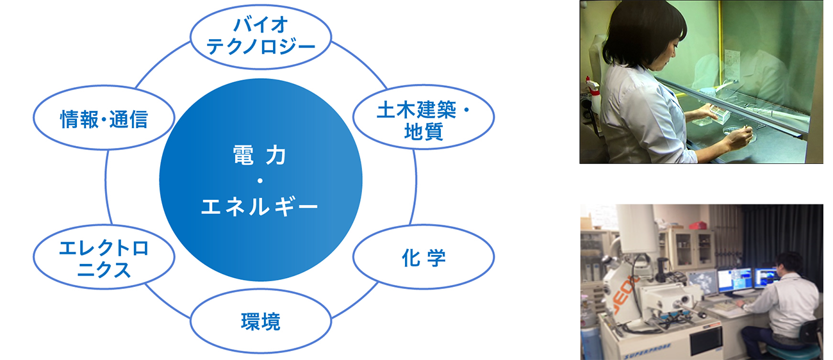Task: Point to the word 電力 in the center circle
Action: (x=260, y=156)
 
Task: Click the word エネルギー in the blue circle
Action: (x=260, y=207)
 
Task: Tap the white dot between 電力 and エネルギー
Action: (x=260, y=181)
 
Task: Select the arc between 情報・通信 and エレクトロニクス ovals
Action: (x=106, y=187)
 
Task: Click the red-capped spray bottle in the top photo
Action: (x=592, y=95)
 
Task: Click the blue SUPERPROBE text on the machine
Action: (x=647, y=352)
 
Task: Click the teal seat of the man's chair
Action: (x=795, y=350)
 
